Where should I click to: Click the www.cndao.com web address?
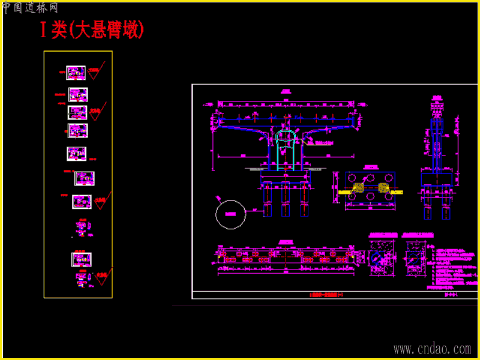coord(432,349)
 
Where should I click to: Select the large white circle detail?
coord(230,214)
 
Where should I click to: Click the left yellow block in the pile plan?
coord(359,187)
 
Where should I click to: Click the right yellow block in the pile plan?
coord(383,187)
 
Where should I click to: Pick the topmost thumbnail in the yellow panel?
coord(76,73)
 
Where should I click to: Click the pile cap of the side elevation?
coord(437,178)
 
